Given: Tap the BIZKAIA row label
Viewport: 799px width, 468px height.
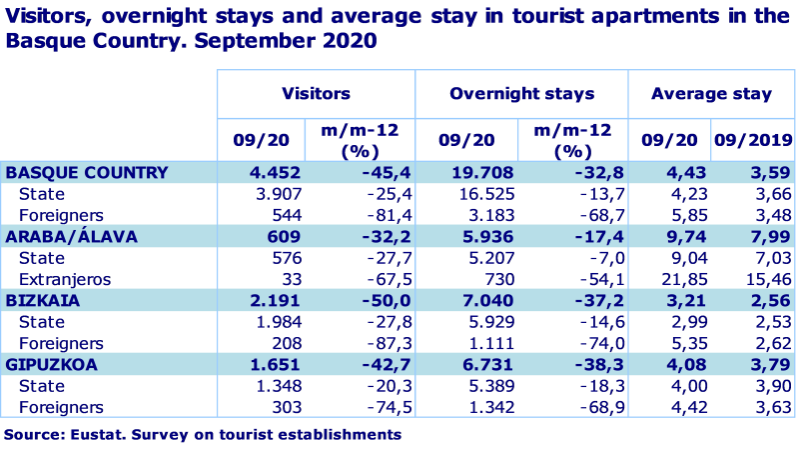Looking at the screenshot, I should [43, 300].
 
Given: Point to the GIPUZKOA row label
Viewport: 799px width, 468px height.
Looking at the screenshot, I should [52, 364].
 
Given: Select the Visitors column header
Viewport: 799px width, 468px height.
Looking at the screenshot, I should [316, 94].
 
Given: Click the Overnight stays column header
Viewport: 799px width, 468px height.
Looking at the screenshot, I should [521, 94].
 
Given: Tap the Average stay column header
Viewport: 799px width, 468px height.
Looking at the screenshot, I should [711, 94].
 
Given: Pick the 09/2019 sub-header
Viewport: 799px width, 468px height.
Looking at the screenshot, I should [753, 140].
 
